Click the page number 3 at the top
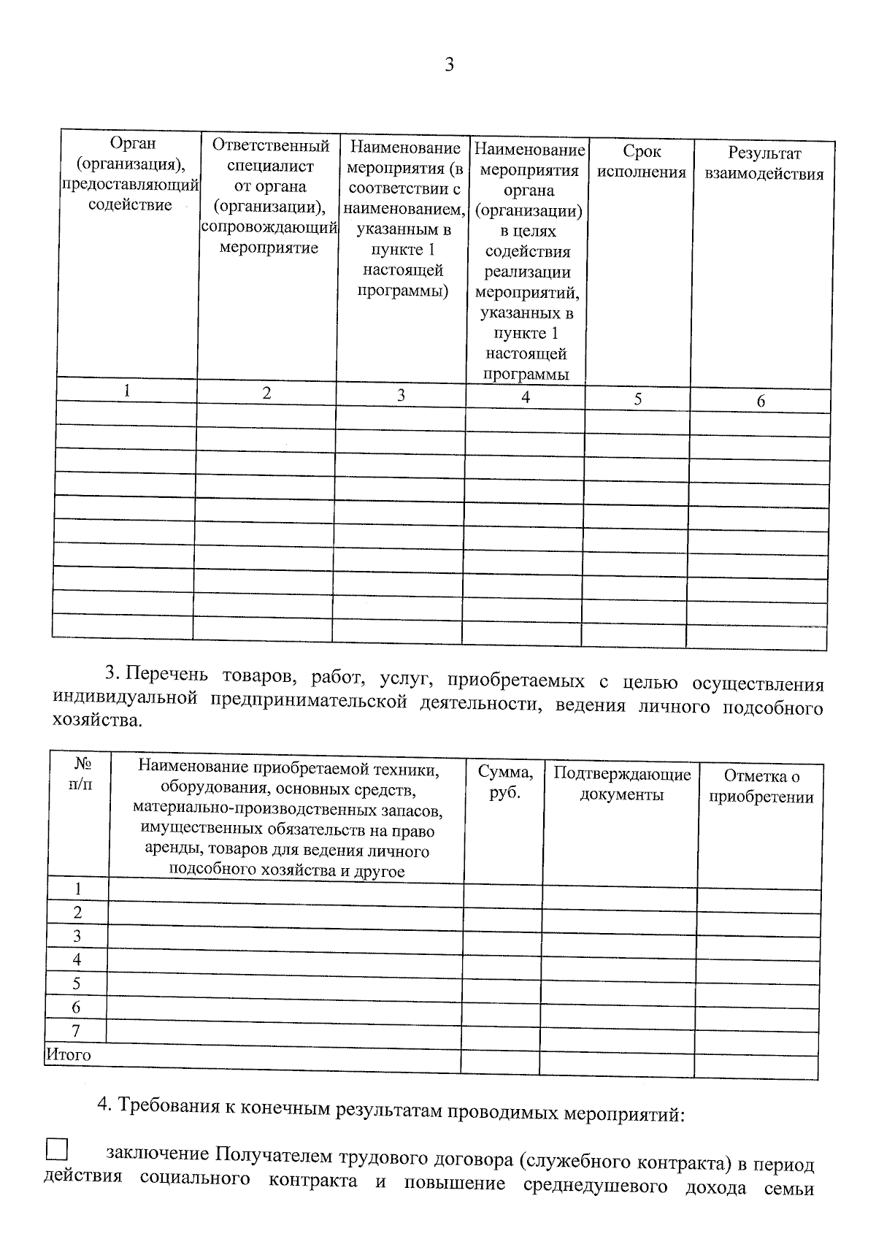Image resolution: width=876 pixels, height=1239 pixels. (x=449, y=65)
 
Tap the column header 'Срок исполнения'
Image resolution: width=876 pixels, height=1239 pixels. (x=642, y=162)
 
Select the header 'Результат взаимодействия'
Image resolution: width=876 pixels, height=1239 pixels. (x=764, y=164)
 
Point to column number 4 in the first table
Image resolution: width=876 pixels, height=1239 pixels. (x=526, y=397)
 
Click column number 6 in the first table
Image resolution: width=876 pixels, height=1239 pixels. (x=761, y=401)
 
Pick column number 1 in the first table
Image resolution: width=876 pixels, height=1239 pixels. (x=127, y=391)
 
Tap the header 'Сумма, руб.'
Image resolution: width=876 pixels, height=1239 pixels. (x=504, y=782)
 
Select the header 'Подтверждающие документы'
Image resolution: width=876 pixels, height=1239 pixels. (x=621, y=784)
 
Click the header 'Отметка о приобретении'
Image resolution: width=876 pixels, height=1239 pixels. (x=761, y=786)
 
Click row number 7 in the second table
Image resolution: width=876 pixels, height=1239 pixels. (x=76, y=1031)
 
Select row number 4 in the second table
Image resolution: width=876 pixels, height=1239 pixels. (x=77, y=959)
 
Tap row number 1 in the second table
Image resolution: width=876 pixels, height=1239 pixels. (x=77, y=889)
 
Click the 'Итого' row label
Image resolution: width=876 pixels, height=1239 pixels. (x=69, y=1054)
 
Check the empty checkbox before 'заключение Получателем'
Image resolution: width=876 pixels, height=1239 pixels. (x=56, y=1150)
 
